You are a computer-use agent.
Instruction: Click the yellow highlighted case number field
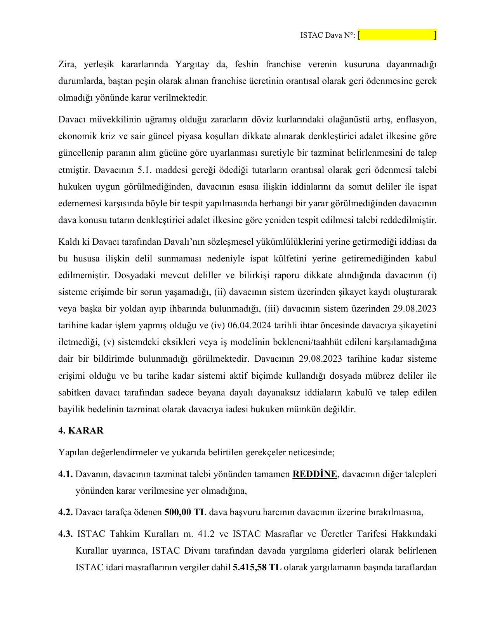[397, 35]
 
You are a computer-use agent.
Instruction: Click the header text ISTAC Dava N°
[328, 35]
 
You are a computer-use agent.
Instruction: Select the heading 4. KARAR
[81, 430]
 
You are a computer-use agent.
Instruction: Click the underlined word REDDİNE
[314, 474]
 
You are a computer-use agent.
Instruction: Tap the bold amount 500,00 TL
[185, 512]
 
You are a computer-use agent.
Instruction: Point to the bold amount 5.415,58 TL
[257, 567]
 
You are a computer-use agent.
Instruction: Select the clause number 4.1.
[65, 474]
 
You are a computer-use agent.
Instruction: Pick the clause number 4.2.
[65, 512]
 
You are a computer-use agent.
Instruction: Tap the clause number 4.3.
[65, 534]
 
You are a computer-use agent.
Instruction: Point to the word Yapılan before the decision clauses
[72, 452]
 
